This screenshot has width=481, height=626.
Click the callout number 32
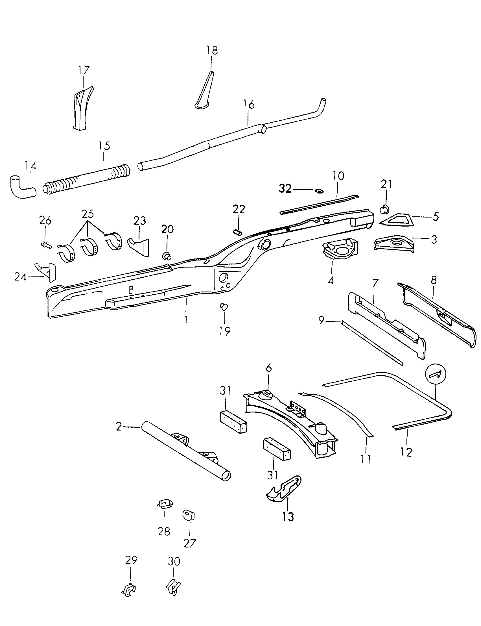coord(285,189)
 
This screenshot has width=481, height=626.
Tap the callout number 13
coord(288,517)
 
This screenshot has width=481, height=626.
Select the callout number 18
coord(212,50)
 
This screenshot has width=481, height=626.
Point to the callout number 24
coord(20,277)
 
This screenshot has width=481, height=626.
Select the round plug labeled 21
coord(384,209)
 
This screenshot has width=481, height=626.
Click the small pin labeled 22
coord(238,231)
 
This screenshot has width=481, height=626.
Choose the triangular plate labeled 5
coord(397,220)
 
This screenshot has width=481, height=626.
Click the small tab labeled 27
coord(189,515)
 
